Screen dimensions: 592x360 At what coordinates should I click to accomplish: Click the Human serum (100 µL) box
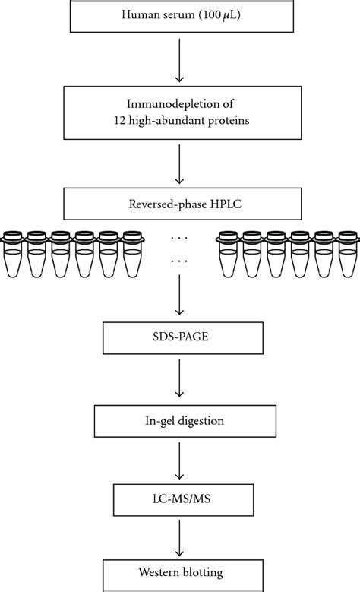coord(179,17)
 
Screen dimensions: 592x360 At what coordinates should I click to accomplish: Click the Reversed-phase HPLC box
coord(179,204)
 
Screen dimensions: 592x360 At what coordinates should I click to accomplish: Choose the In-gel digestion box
coord(179,419)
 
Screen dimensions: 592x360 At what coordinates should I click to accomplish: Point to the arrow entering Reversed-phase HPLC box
coord(179,165)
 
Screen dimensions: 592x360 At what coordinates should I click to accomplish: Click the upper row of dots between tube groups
coord(180,238)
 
